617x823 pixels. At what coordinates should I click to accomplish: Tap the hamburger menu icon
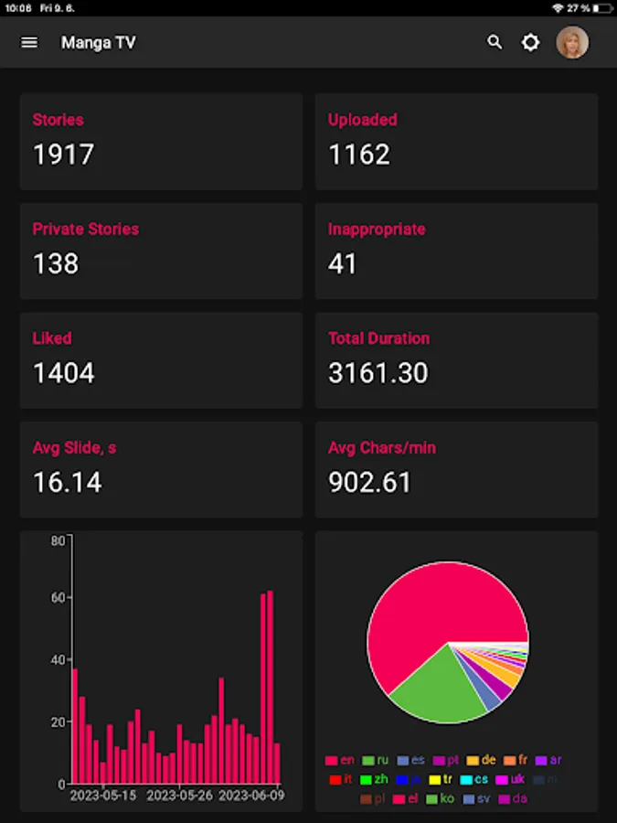click(x=29, y=42)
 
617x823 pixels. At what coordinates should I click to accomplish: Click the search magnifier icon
click(x=495, y=42)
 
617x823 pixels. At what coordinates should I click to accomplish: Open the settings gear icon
click(x=530, y=42)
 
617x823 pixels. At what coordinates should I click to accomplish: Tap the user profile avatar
click(x=572, y=42)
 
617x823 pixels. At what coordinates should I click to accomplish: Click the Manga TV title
click(x=98, y=43)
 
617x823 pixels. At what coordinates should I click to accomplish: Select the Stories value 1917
click(x=63, y=155)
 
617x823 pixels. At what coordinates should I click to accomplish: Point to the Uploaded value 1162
click(x=359, y=155)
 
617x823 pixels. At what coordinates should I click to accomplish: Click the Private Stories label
click(x=86, y=229)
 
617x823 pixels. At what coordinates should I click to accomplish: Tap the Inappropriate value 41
click(x=343, y=263)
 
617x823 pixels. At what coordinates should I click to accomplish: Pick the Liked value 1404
click(x=63, y=373)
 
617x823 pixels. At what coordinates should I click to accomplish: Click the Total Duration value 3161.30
click(x=378, y=373)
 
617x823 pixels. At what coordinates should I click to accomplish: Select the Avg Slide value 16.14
click(x=67, y=482)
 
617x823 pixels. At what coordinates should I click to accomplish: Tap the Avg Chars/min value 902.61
click(x=369, y=482)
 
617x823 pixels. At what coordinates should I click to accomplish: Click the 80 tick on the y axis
click(x=58, y=540)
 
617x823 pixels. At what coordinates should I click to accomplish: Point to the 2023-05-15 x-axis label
click(x=103, y=796)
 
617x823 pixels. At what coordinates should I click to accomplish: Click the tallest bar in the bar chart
click(x=270, y=686)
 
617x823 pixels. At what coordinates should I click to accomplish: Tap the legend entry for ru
click(x=375, y=760)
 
